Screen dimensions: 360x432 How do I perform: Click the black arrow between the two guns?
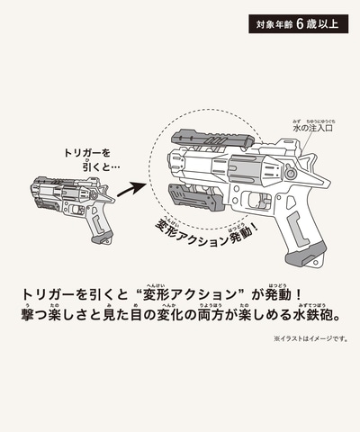click(131, 190)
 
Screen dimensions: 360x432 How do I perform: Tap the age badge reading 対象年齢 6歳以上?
click(298, 23)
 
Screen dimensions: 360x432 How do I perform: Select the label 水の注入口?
click(313, 128)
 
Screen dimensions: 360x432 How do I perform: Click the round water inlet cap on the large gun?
click(290, 174)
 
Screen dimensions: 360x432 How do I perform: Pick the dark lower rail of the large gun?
click(196, 197)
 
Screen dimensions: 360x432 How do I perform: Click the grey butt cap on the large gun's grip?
click(305, 255)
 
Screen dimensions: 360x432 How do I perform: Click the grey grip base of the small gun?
click(102, 238)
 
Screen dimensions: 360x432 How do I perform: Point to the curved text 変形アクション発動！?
click(206, 235)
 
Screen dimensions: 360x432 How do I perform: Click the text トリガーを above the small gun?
click(87, 153)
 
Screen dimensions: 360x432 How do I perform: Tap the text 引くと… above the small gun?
click(101, 167)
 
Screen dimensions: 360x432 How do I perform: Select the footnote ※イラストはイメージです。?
click(310, 339)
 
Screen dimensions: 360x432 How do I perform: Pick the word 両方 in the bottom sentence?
click(211, 315)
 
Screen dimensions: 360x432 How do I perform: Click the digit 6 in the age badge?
click(300, 24)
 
